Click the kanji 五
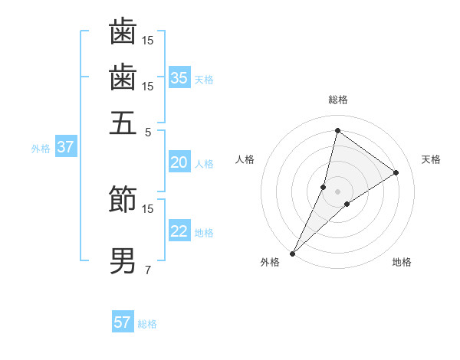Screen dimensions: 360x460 point(123,123)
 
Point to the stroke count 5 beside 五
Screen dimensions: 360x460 point(147,131)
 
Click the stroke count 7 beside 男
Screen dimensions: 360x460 point(147,269)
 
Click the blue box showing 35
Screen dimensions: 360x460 point(179,77)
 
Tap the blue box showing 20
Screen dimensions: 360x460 point(179,162)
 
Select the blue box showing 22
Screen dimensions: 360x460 point(179,231)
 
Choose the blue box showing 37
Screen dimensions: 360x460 point(65,147)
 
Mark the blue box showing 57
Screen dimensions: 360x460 point(123,322)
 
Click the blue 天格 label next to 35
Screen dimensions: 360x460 point(204,80)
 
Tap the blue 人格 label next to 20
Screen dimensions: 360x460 point(204,164)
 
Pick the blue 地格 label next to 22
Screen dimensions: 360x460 point(204,233)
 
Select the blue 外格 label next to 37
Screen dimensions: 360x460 point(41,149)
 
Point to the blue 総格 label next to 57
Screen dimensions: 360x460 point(147,324)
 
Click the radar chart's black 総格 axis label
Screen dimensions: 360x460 point(337,100)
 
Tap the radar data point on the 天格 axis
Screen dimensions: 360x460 point(396,172)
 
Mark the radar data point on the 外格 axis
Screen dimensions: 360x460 point(293,253)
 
